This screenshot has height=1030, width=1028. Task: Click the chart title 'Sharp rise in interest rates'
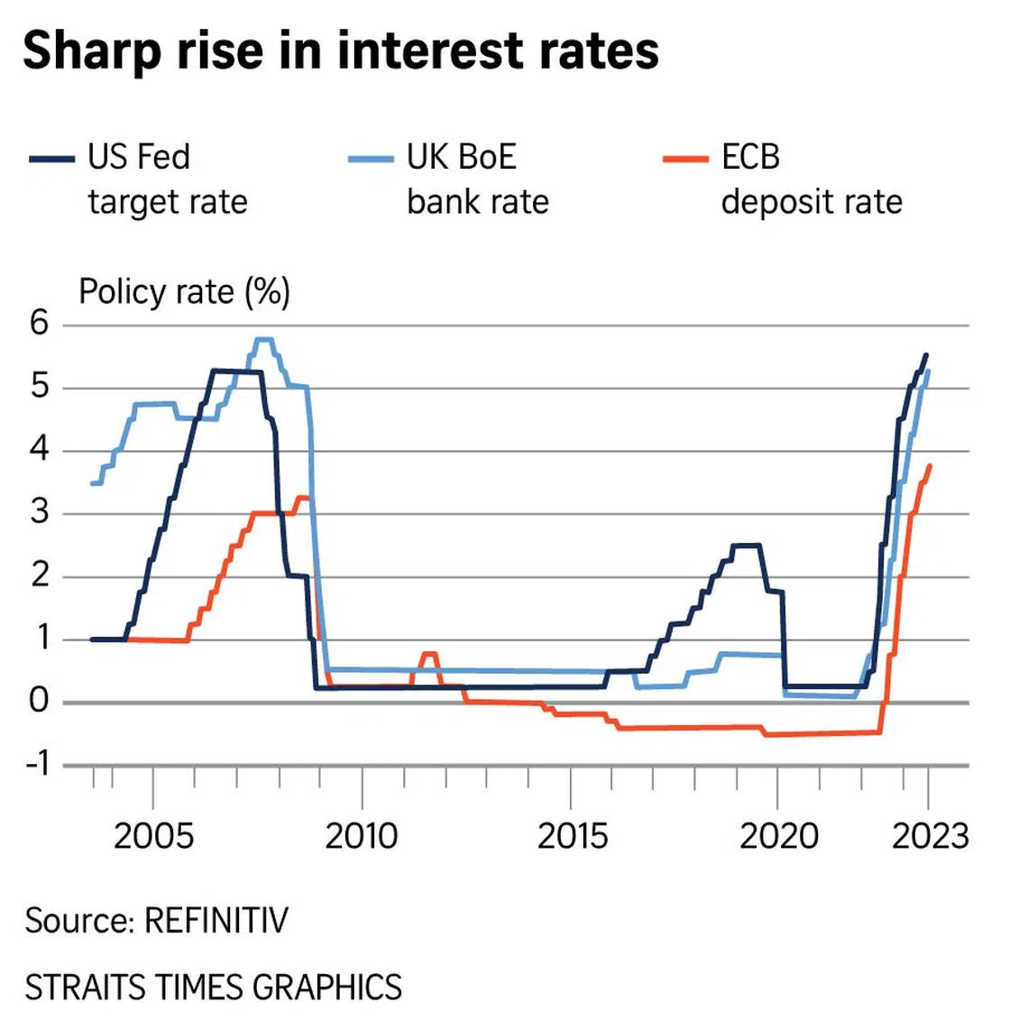click(341, 51)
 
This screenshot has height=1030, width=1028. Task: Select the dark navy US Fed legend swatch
click(52, 160)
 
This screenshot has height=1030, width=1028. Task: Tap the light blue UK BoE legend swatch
click(371, 160)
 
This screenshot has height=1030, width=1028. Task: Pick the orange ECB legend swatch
click(685, 160)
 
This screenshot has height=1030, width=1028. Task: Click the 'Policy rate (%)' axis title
click(184, 292)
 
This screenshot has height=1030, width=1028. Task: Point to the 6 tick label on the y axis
click(39, 323)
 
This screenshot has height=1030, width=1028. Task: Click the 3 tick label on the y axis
click(39, 512)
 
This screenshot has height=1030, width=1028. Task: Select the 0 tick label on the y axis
click(39, 701)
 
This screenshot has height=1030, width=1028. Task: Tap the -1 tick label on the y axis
click(37, 764)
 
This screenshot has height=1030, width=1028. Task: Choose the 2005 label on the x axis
click(153, 836)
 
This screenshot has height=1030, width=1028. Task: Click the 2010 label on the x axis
click(362, 836)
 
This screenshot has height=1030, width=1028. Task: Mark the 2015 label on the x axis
click(572, 836)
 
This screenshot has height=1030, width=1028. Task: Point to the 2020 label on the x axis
click(778, 836)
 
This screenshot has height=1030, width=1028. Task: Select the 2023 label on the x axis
click(930, 836)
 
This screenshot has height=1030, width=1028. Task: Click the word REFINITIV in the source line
click(216, 921)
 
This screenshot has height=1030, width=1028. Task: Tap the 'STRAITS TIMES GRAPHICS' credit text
click(213, 987)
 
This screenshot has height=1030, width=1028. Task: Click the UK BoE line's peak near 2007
click(263, 340)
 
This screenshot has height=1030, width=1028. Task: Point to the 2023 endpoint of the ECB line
click(930, 465)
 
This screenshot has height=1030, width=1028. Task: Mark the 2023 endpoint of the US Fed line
click(926, 354)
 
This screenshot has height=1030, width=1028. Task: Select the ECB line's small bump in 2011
click(429, 654)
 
